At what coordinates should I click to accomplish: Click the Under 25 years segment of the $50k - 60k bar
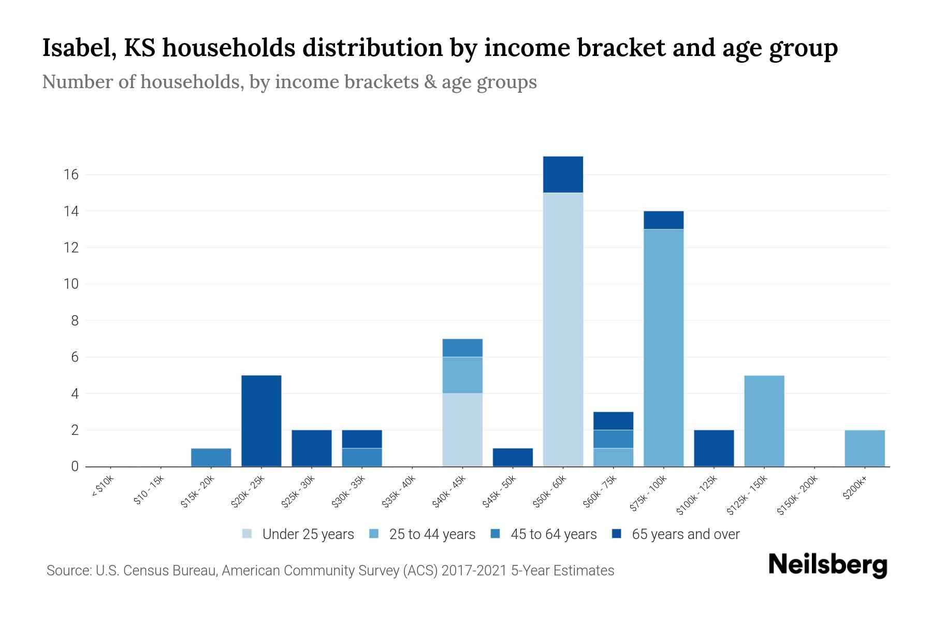pyautogui.click(x=563, y=329)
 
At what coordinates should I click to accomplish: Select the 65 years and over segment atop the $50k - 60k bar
pyautogui.click(x=563, y=175)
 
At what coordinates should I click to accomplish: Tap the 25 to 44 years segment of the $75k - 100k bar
pyautogui.click(x=663, y=347)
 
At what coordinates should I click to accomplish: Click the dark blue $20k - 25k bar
pyautogui.click(x=261, y=421)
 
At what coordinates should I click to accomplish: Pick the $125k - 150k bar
pyautogui.click(x=764, y=421)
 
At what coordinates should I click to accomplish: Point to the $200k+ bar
pyautogui.click(x=864, y=448)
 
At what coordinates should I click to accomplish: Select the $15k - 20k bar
pyautogui.click(x=211, y=457)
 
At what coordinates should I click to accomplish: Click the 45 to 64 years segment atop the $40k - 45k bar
pyautogui.click(x=462, y=348)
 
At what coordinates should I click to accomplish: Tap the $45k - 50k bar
pyautogui.click(x=513, y=457)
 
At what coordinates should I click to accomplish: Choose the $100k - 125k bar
pyautogui.click(x=713, y=448)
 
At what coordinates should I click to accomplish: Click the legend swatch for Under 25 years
pyautogui.click(x=247, y=534)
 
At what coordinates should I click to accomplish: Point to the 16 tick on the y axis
pyautogui.click(x=71, y=175)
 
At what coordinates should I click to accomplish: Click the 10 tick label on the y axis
pyautogui.click(x=71, y=284)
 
